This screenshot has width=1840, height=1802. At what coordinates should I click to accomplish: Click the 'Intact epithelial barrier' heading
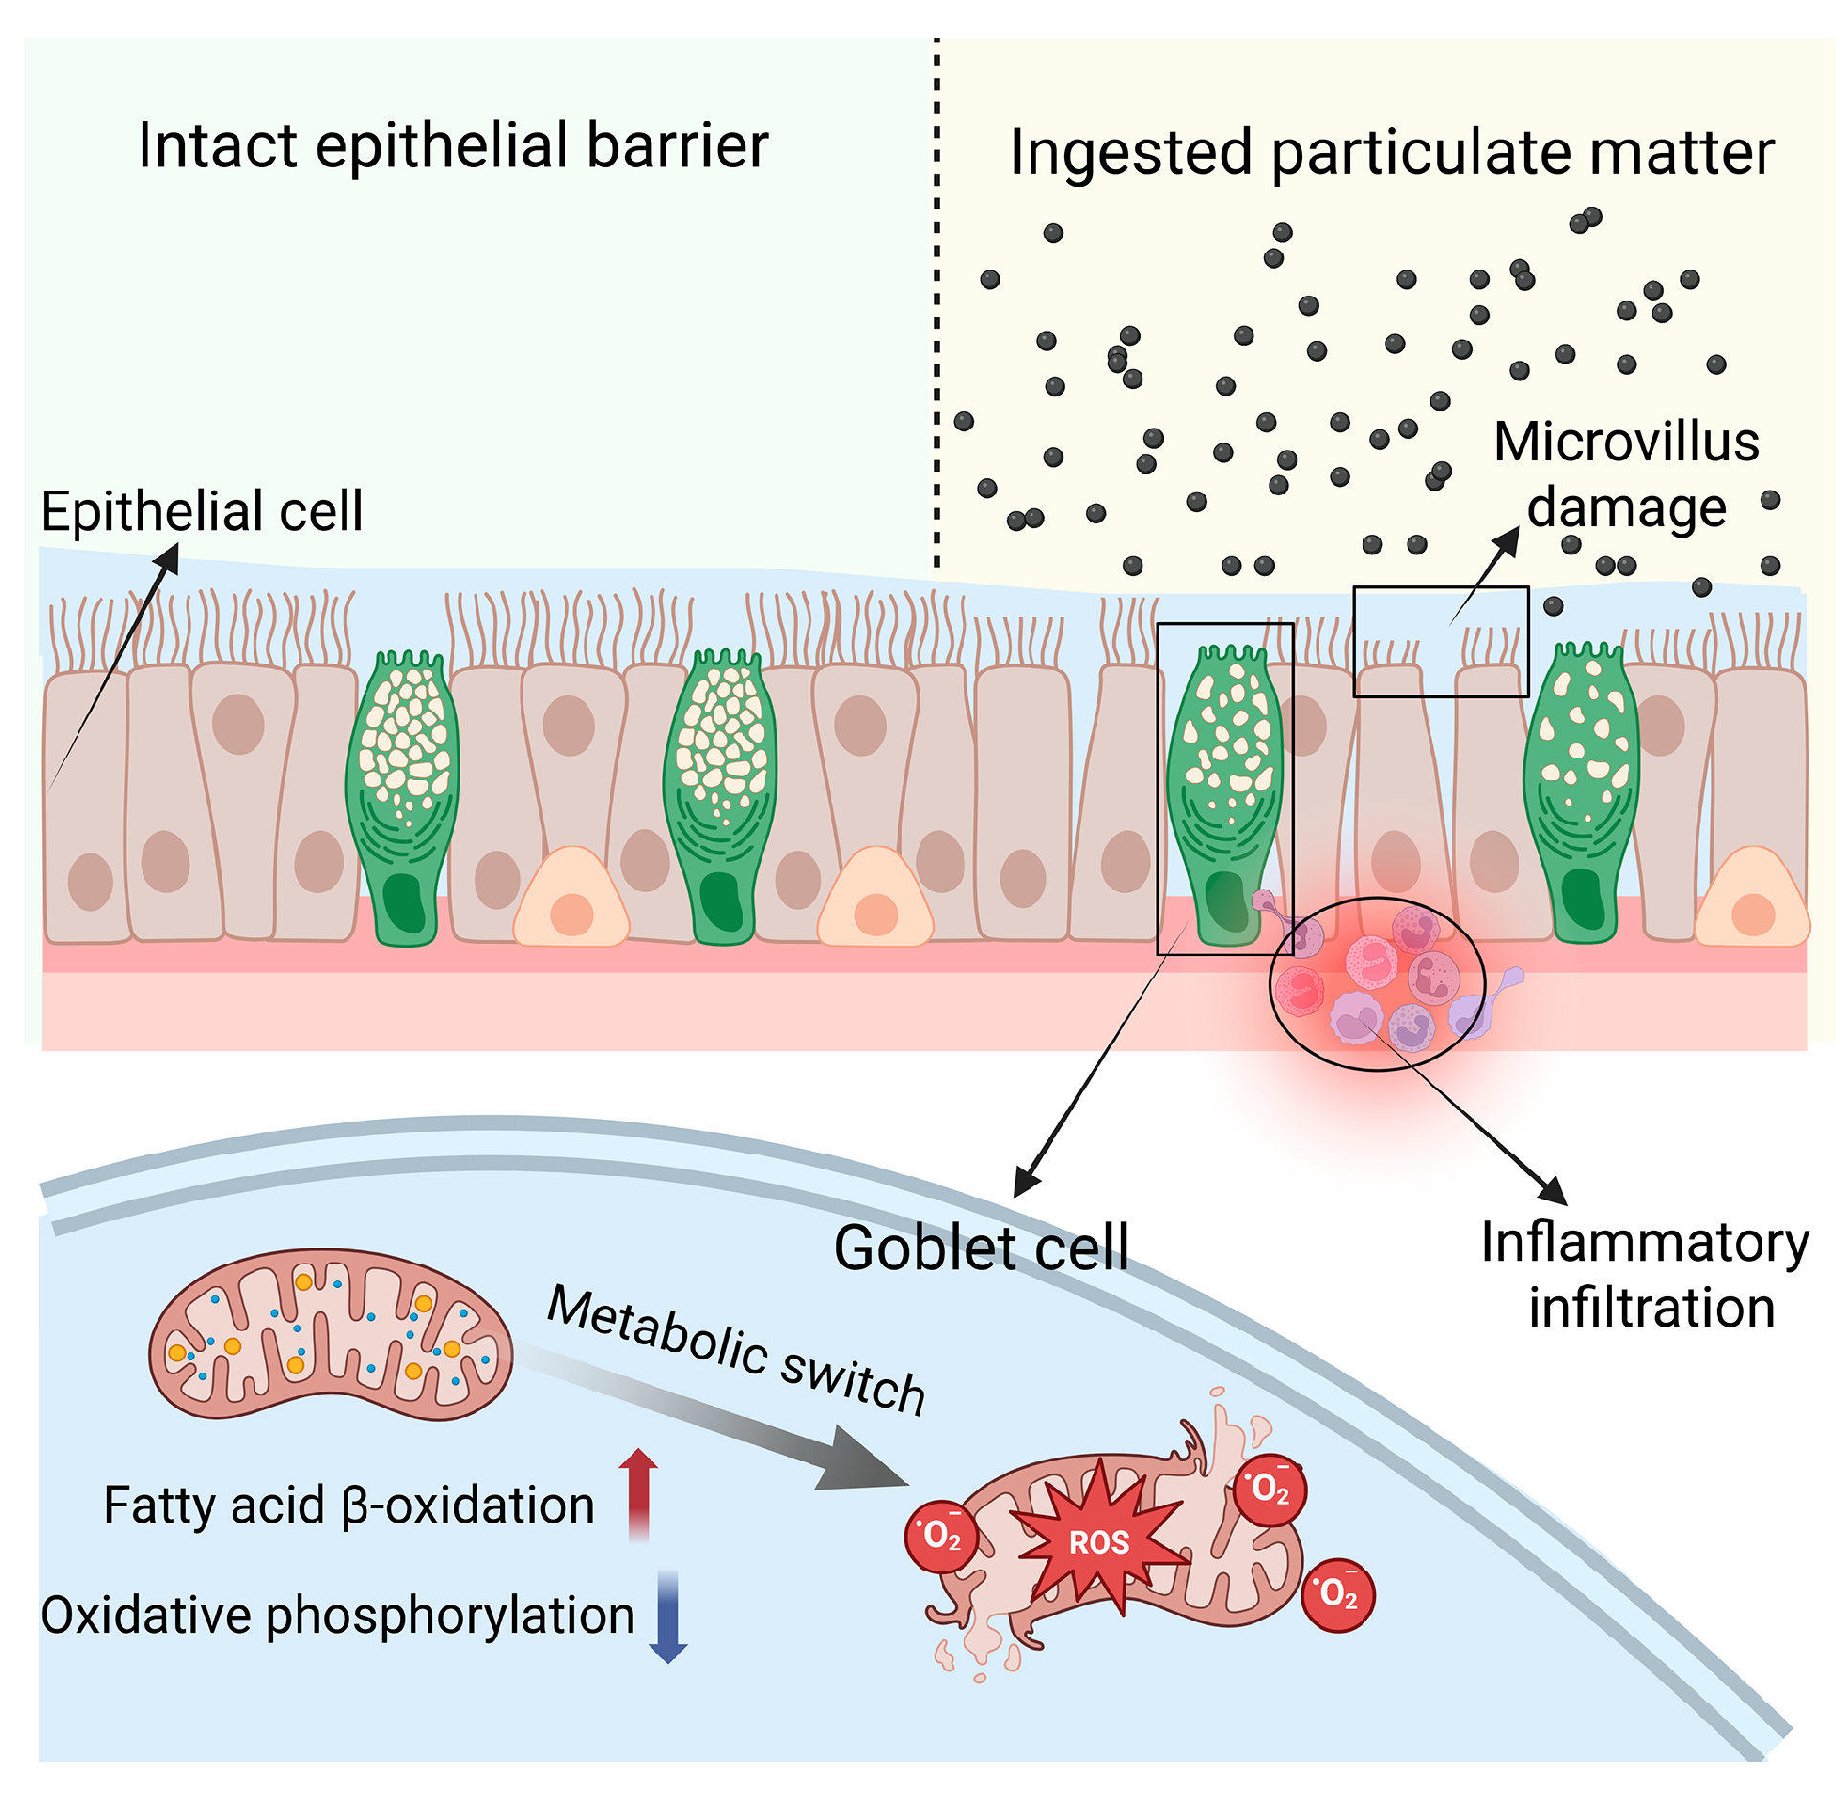pos(453,145)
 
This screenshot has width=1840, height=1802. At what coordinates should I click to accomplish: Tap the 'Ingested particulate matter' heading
pos(1392,153)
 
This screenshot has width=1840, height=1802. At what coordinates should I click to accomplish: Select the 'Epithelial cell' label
pos(202,511)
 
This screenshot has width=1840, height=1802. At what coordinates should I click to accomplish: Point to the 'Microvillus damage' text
pos(1627,474)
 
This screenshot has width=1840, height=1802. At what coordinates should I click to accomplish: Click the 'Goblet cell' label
pos(981,1248)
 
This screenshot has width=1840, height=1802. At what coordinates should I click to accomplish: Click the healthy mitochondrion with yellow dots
pos(330,1334)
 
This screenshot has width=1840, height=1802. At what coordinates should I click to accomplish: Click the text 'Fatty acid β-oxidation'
pos(349,1505)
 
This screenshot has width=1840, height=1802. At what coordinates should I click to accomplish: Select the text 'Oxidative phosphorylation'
pos(338,1615)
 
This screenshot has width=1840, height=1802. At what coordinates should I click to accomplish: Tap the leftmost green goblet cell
pos(403,799)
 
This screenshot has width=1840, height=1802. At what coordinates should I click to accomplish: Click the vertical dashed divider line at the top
pos(937,306)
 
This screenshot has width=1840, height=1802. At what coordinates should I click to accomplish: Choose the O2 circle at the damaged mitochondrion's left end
pos(942,1536)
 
